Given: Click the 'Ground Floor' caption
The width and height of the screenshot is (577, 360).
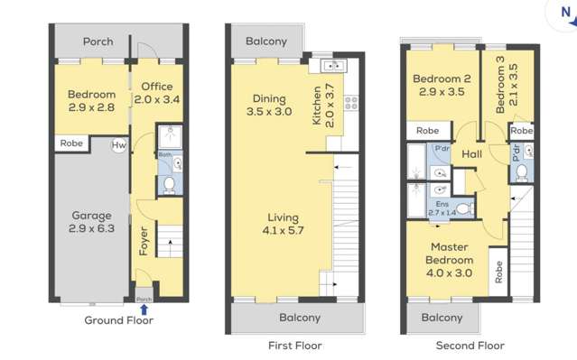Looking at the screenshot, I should pos(119,320).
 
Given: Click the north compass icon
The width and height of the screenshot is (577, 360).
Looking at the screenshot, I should pos(565,11).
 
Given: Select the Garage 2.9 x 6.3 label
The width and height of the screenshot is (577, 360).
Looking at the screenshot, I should pos(91,222).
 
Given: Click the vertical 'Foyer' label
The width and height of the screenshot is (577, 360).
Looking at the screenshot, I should pos(142,243).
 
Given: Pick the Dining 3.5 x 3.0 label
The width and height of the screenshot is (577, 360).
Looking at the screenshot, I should pos(269,106).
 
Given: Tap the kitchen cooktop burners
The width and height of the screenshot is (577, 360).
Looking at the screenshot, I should pos(348,102).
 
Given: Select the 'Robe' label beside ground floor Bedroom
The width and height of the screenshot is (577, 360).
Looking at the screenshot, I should pos(72,143).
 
